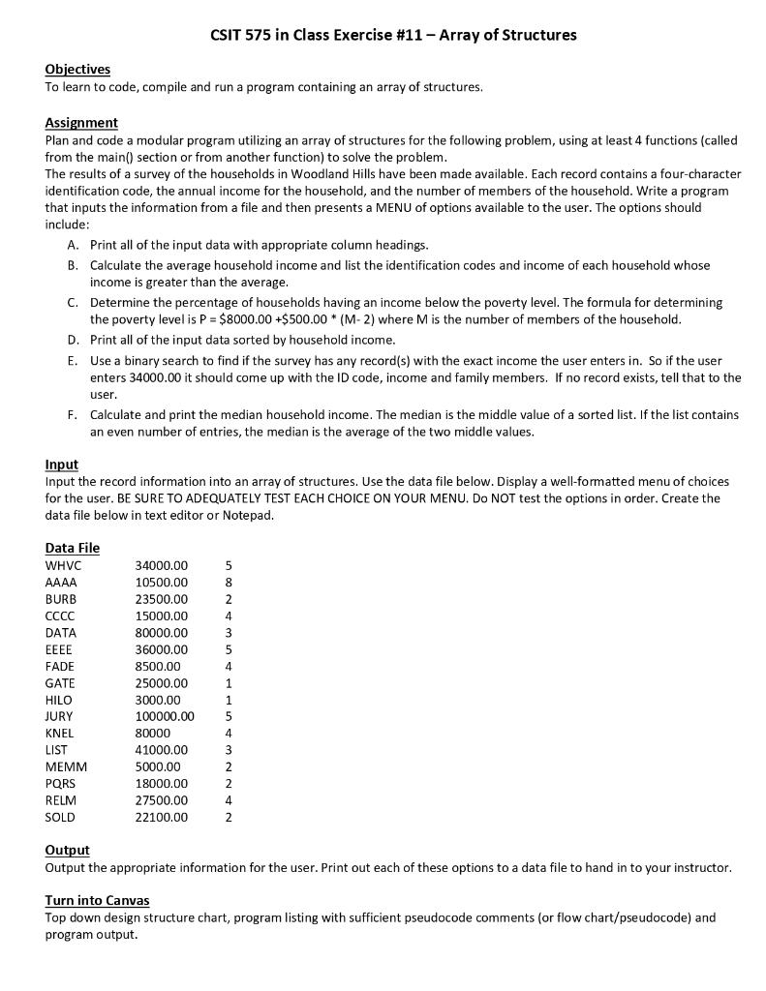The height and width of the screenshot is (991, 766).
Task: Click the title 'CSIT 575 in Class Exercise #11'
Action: click(x=392, y=35)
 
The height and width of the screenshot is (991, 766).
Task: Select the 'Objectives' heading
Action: click(x=77, y=69)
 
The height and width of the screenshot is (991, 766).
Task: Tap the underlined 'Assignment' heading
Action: click(x=81, y=123)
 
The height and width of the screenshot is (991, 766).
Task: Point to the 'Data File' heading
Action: click(x=73, y=548)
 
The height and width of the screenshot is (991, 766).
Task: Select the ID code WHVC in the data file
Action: click(x=64, y=565)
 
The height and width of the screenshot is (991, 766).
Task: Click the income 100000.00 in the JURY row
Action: click(x=165, y=716)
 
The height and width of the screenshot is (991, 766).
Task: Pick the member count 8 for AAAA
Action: click(x=229, y=583)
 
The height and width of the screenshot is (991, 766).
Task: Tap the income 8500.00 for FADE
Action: click(x=158, y=666)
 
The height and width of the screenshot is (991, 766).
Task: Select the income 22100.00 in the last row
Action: click(x=162, y=818)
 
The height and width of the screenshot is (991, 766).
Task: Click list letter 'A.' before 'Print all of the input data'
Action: click(x=73, y=246)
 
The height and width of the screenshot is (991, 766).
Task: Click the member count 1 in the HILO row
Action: click(x=229, y=700)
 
